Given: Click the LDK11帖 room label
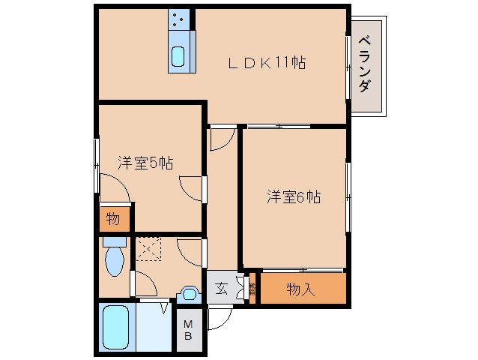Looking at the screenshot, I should point(267,63).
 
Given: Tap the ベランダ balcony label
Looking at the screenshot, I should point(365,64).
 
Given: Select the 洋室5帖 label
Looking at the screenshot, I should point(145,163).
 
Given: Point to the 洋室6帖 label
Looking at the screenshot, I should point(294,197).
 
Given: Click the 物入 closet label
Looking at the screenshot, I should point(300,289).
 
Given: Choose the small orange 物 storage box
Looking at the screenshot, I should point(114,220).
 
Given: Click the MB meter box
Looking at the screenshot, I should point(189,330).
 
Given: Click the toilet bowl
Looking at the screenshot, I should point(115,259).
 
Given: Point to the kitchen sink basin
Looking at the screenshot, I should point(178,56).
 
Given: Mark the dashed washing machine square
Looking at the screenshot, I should point(148,248).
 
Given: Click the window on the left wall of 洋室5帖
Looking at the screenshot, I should point(96,164).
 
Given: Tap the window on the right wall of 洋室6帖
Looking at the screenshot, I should point(347,197).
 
